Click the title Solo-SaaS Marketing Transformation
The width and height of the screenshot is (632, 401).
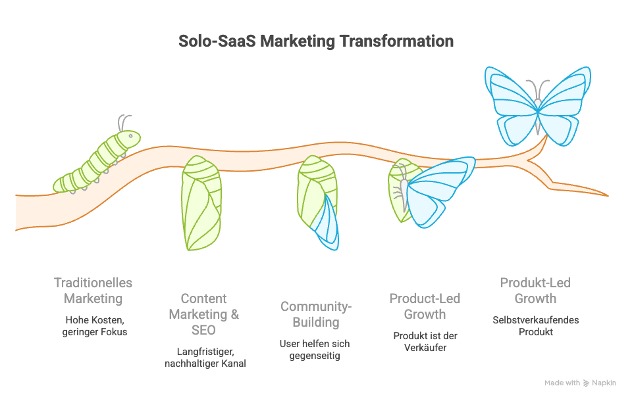(x=316, y=41)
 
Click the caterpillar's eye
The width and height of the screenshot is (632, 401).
(x=130, y=136)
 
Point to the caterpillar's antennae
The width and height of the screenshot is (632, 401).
(x=124, y=123)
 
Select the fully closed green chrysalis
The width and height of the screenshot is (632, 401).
(x=201, y=203)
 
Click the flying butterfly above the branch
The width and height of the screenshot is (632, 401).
(x=538, y=106)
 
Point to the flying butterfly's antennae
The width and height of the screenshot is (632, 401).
(x=538, y=89)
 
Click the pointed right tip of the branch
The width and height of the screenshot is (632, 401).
(x=608, y=196)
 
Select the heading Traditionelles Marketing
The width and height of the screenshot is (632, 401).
(x=93, y=291)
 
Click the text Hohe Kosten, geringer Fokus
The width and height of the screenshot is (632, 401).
(x=95, y=326)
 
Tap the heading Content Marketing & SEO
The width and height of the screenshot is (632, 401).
(x=204, y=314)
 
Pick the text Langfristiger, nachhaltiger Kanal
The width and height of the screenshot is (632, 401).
(x=205, y=358)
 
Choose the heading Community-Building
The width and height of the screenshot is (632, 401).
(x=316, y=314)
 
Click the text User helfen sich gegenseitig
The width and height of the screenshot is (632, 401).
(x=315, y=350)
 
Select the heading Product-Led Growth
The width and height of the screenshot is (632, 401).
(x=425, y=306)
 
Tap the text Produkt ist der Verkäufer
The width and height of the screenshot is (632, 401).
(x=425, y=341)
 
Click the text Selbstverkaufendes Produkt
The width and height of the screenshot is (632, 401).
(x=536, y=326)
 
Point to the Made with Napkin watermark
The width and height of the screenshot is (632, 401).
(x=580, y=383)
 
